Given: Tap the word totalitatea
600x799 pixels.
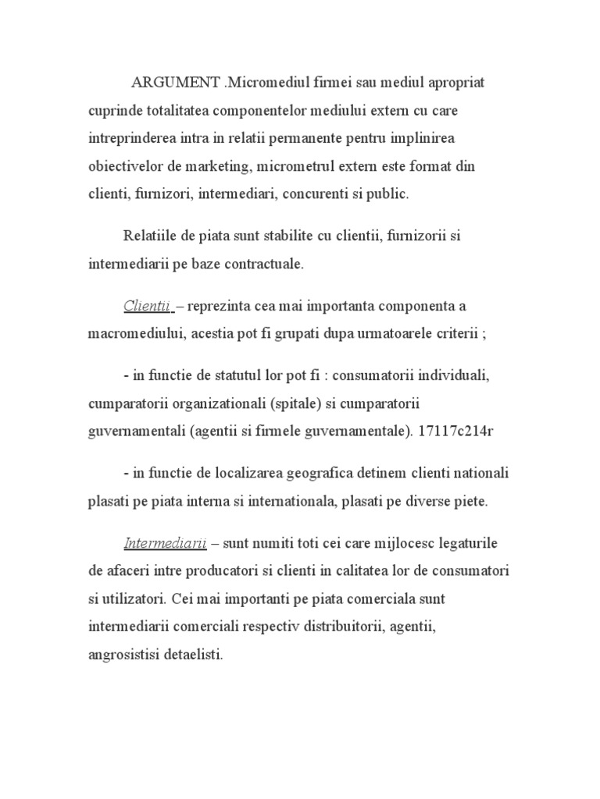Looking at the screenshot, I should [175, 111].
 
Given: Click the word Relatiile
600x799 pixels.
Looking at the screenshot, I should [152, 236].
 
